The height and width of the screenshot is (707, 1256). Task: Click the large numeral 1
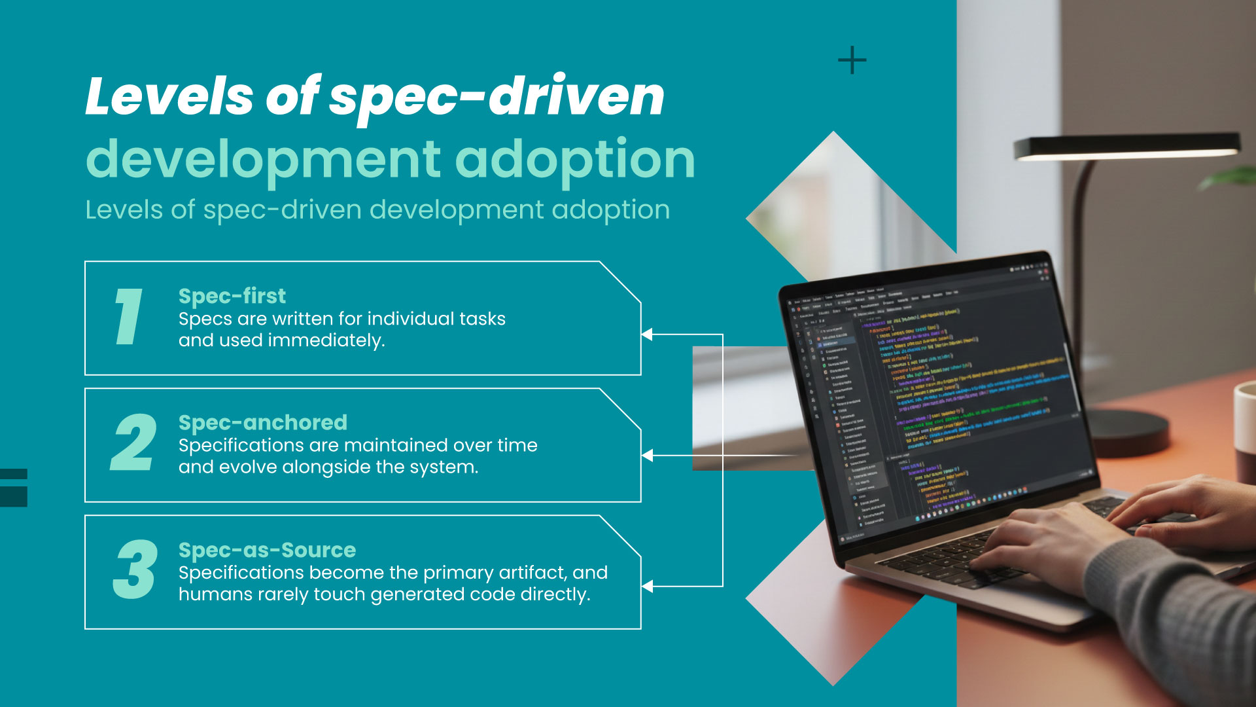[129, 317]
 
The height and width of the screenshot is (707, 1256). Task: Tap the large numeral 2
[133, 443]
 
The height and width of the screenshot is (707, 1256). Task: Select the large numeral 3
[135, 570]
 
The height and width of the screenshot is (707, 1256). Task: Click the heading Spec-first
[232, 296]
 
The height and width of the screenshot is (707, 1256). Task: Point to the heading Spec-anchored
[262, 423]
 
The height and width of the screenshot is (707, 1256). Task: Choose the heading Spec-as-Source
[267, 550]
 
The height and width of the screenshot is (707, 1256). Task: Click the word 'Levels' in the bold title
[169, 97]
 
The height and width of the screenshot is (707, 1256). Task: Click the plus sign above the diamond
[852, 60]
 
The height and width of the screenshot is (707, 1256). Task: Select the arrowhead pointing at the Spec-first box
[646, 335]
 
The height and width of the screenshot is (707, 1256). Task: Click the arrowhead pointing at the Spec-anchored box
[646, 456]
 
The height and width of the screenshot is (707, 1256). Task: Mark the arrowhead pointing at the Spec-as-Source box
[646, 586]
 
